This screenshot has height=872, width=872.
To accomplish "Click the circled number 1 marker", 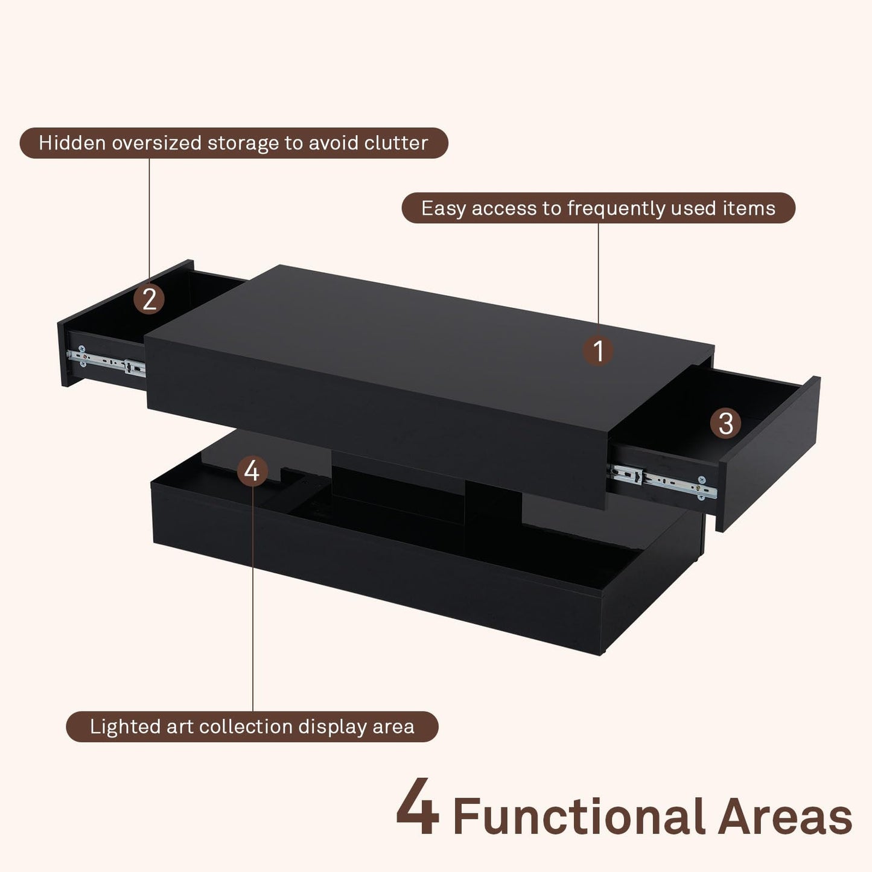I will pos(598,351).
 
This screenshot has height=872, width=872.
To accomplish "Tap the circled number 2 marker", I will pos(149,299).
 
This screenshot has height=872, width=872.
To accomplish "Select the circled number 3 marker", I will pos(725,423).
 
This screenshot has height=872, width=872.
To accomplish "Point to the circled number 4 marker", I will pos(252,471).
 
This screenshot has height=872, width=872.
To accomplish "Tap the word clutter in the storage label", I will pos(396,143).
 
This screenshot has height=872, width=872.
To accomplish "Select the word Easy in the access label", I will pos(444,208).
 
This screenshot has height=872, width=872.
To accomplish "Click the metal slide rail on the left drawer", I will pos(107,361).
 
